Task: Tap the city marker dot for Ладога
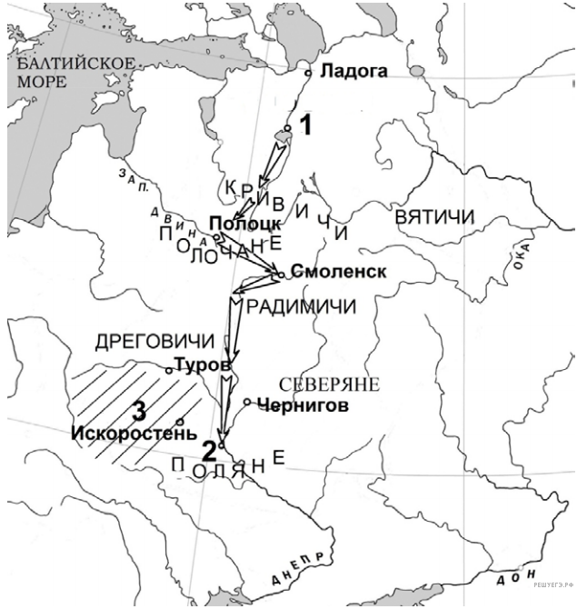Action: click(x=309, y=72)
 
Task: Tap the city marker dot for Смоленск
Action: click(x=284, y=273)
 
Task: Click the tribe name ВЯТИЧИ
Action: click(x=435, y=218)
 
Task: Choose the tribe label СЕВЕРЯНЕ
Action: click(x=329, y=384)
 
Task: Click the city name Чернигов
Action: click(x=303, y=406)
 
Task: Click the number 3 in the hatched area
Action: click(x=139, y=410)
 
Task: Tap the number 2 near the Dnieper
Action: click(x=209, y=450)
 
